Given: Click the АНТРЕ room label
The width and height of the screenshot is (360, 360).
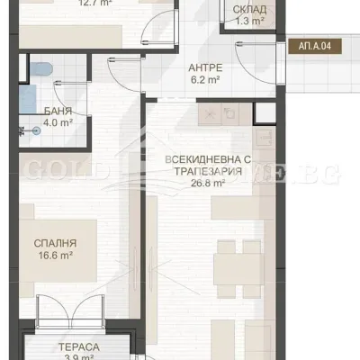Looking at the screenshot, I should coord(204,67).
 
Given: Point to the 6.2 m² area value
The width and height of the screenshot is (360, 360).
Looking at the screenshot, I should coord(204,79).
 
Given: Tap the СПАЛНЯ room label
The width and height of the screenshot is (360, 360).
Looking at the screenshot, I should coord(56,243).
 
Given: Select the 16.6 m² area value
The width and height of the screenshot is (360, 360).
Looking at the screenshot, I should coord(56,256).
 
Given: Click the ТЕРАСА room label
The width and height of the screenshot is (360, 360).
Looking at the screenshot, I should coord(80,346).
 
